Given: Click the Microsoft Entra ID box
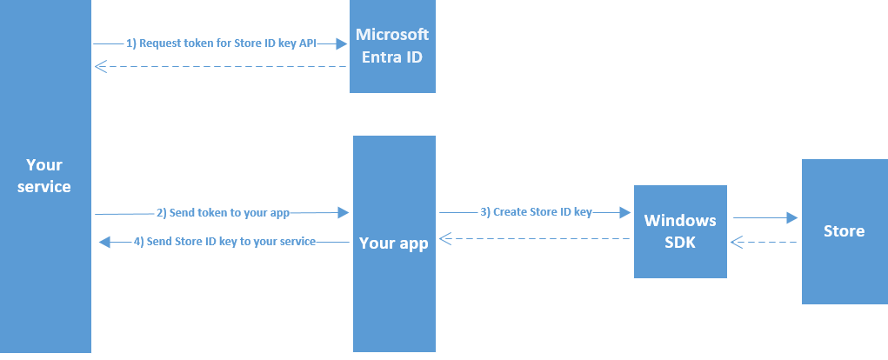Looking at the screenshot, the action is click(392, 46).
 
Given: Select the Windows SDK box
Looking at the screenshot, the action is click(680, 231).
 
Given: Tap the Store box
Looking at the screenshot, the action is click(845, 231).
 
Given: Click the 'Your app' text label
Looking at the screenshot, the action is click(394, 243).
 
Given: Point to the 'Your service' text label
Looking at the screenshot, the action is click(44, 176).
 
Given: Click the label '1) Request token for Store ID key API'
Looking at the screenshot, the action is click(221, 43).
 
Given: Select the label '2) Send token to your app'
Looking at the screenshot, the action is click(224, 213).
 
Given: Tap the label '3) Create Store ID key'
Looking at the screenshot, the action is click(536, 212).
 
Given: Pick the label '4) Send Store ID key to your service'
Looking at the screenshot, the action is click(225, 242).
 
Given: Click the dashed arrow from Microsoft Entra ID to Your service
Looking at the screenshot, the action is click(220, 67).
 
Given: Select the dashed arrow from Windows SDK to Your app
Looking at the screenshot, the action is click(535, 239).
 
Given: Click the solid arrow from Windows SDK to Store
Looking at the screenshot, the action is click(765, 217).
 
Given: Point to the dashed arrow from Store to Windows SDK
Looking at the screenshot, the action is click(764, 243).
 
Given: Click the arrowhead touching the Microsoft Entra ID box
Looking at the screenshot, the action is click(342, 43).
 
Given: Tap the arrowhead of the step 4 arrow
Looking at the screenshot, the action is click(104, 243).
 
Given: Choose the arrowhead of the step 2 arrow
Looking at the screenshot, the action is click(344, 213).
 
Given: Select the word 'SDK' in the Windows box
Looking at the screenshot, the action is click(680, 243).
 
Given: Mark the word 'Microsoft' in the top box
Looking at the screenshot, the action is click(392, 35).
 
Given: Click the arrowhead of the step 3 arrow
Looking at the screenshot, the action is click(625, 212).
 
